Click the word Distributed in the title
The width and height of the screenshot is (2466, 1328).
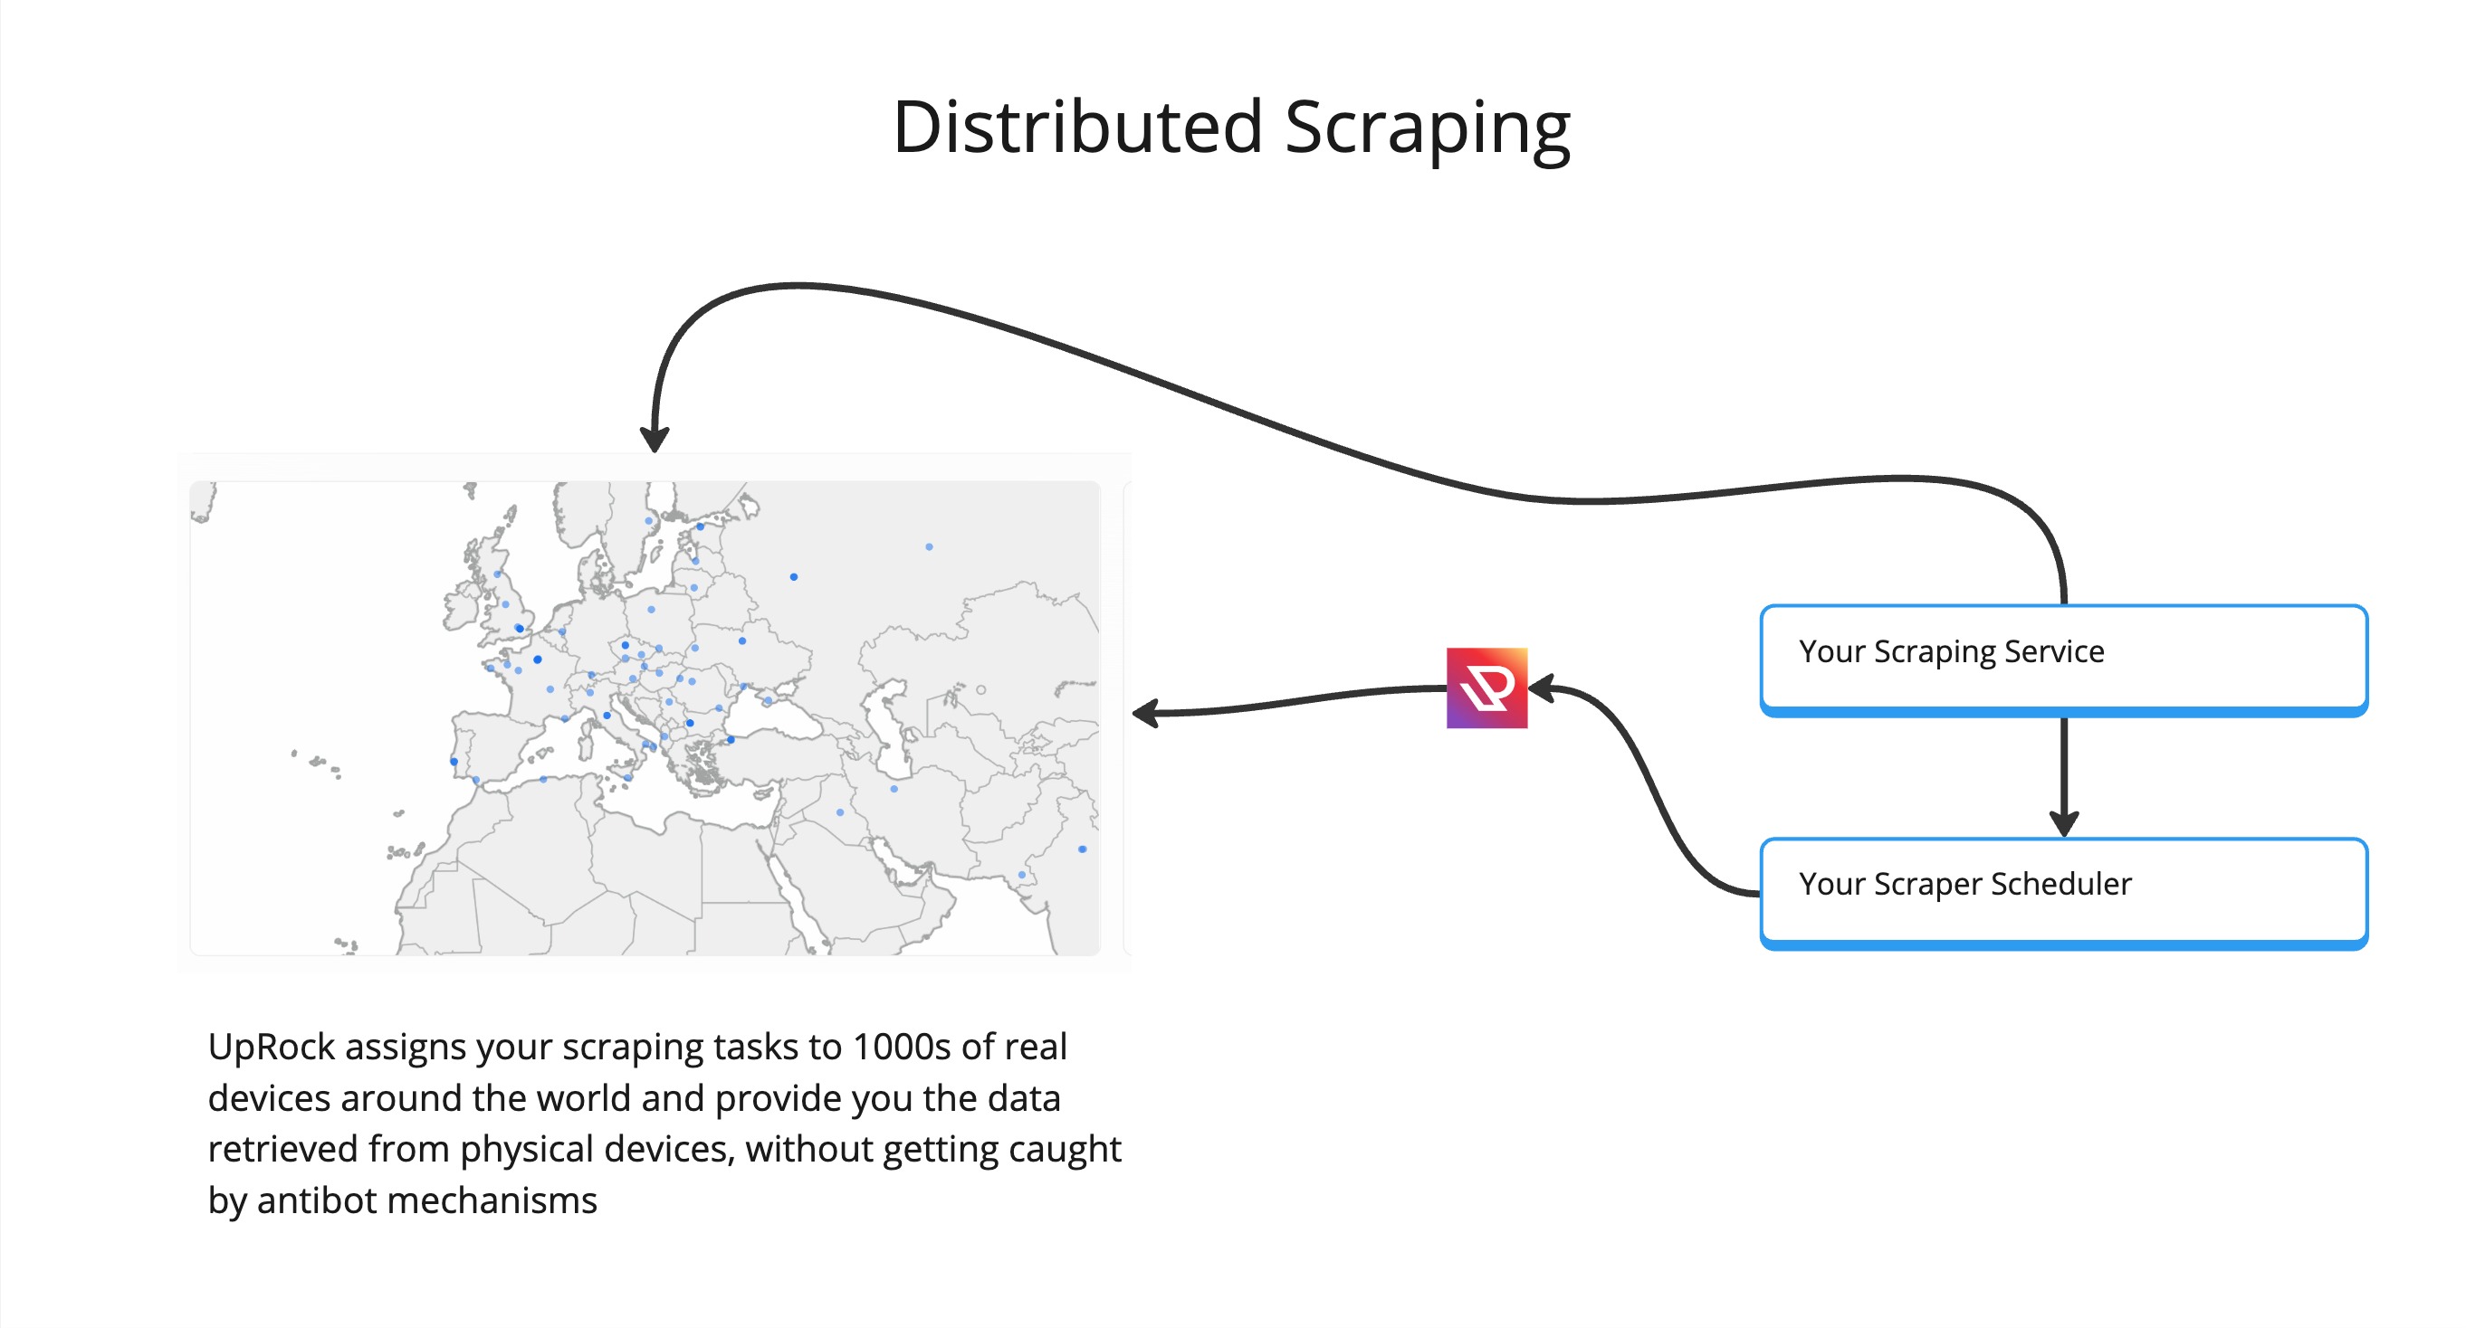point(1078,127)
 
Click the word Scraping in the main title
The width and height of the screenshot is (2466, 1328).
point(1428,132)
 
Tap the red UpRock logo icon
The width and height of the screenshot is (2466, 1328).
point(1486,688)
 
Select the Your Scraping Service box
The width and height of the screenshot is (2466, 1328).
point(2064,660)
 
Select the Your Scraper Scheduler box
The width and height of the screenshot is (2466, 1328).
point(2064,894)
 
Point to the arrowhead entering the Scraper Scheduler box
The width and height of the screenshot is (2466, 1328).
point(2064,824)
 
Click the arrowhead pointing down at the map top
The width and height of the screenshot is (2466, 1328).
point(655,439)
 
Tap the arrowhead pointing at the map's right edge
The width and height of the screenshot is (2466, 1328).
point(1146,713)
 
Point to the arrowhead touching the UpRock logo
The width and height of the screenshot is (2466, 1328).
point(1541,687)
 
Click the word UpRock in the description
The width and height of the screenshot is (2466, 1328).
point(271,1048)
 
